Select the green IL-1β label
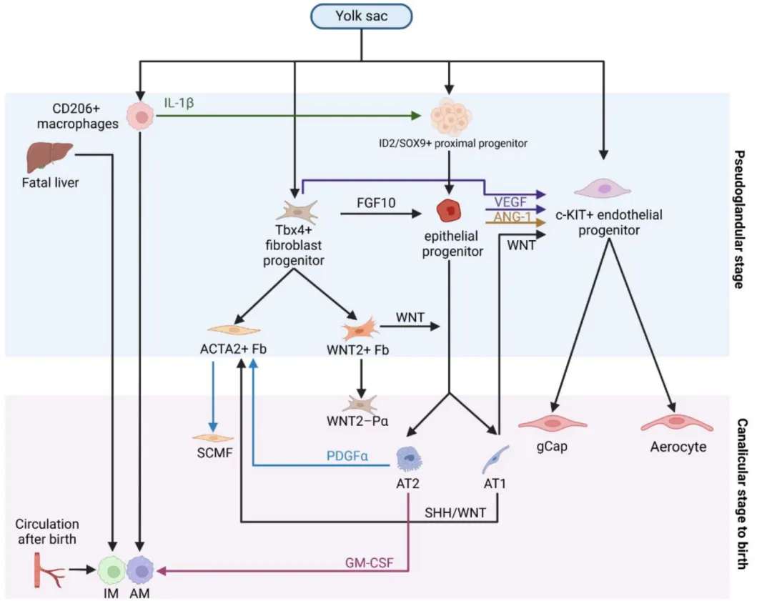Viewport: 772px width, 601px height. (179, 102)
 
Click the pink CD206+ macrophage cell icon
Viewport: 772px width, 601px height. (142, 117)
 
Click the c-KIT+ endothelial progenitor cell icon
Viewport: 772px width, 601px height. (604, 189)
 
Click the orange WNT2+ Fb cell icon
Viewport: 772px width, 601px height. (360, 329)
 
